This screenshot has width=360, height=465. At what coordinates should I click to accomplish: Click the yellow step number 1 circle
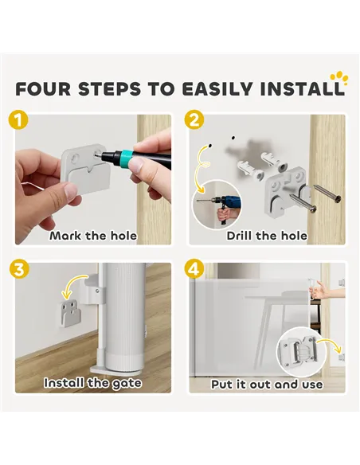tap(18, 120)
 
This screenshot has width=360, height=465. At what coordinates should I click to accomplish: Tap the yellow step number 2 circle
tap(194, 120)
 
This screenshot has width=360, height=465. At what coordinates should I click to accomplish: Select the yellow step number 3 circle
tap(19, 270)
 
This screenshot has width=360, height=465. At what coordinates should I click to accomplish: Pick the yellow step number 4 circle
tap(194, 270)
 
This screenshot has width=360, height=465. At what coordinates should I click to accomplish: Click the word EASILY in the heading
tap(217, 88)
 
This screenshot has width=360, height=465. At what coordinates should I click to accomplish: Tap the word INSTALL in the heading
tap(302, 88)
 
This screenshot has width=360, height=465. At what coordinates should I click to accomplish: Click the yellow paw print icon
tap(339, 78)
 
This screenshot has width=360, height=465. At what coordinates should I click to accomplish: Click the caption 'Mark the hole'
tap(93, 236)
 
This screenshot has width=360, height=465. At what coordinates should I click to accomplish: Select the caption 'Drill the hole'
tap(267, 236)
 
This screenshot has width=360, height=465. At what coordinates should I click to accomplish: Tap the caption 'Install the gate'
tap(92, 383)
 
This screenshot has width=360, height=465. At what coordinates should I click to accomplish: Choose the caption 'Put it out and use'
tap(267, 385)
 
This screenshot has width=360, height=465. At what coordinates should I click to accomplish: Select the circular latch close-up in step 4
tap(300, 351)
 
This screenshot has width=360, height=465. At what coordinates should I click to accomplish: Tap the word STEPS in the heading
tap(109, 88)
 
